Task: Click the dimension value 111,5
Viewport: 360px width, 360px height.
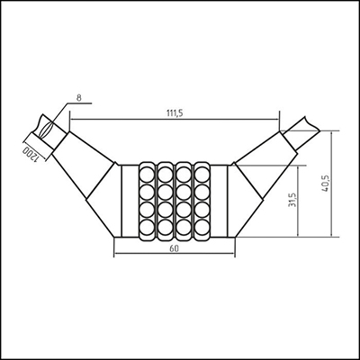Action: [175, 113]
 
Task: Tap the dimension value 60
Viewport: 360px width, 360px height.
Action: [175, 248]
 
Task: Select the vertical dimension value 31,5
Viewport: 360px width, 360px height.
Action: [292, 200]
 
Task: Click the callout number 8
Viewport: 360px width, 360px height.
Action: [79, 98]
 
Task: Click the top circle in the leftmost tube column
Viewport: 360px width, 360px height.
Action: [148, 175]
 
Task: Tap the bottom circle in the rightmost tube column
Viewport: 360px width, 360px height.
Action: [202, 228]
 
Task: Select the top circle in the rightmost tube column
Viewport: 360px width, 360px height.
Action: [202, 175]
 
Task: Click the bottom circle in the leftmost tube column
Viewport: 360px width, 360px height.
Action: [148, 228]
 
